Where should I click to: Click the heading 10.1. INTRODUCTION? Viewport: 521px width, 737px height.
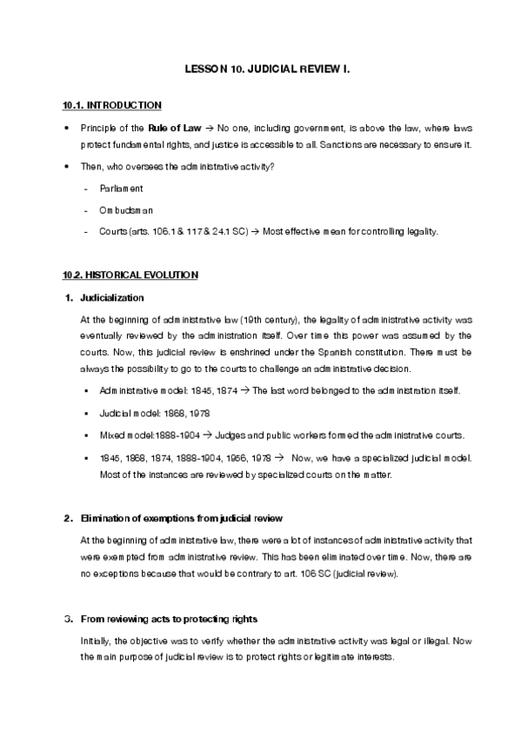(x=111, y=106)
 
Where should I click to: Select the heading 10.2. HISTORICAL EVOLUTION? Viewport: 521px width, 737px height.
(x=130, y=276)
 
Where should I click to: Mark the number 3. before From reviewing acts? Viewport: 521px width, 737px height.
(x=69, y=619)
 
